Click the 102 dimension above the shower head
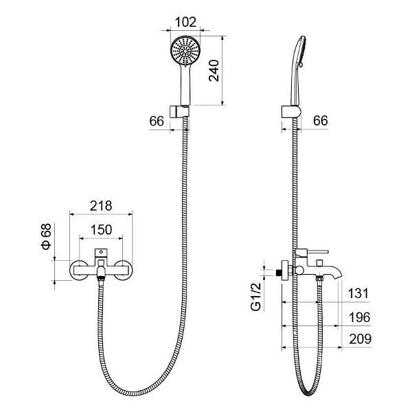[185, 23]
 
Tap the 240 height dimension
[214, 71]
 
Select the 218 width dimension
[101, 206]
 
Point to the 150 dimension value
[101, 229]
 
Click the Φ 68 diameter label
[46, 236]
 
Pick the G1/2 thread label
[256, 297]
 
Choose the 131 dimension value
[358, 293]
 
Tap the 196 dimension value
[359, 317]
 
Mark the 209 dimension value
[360, 339]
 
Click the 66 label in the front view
[157, 121]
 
